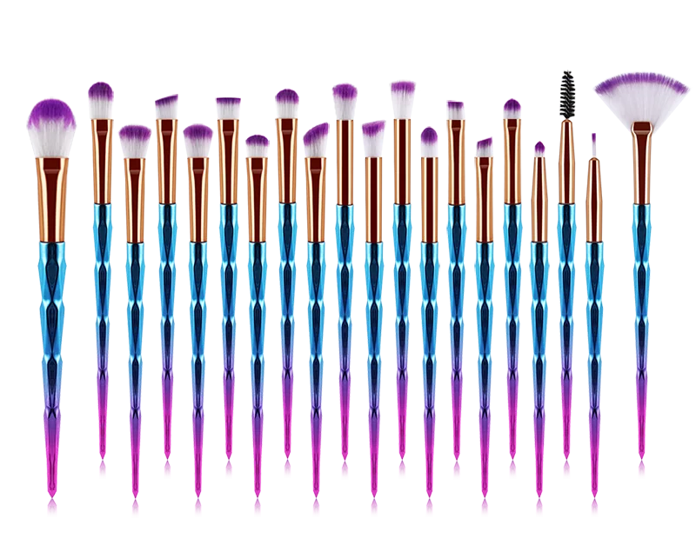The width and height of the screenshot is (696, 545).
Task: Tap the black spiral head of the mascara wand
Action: point(567,93)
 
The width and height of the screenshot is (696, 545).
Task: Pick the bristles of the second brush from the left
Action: point(102,100)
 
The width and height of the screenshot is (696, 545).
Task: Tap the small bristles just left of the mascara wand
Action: point(539,150)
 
